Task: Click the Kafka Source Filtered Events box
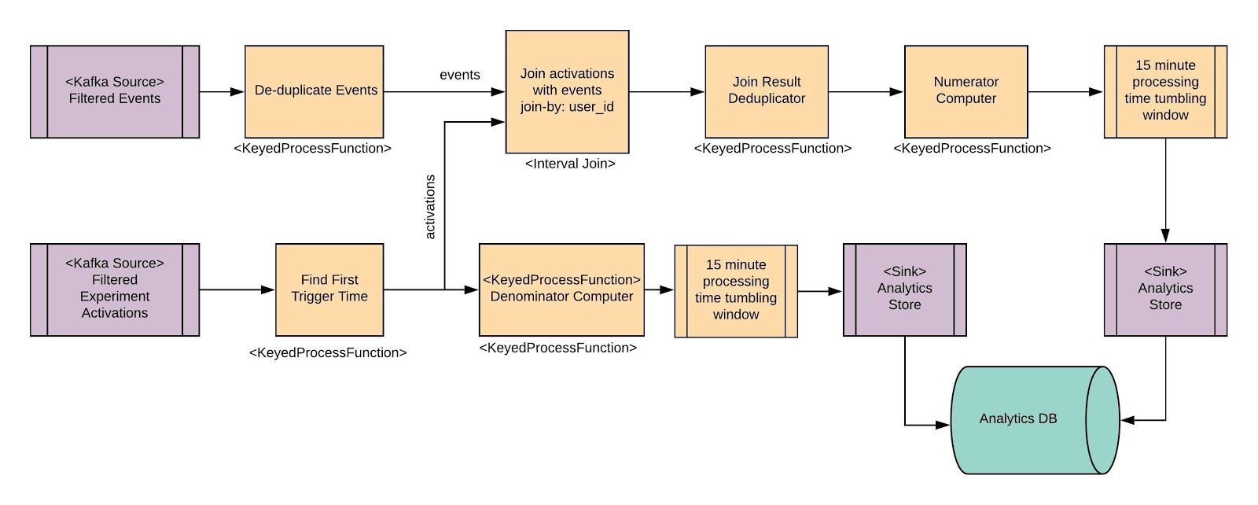tap(115, 91)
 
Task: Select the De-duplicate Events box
tap(314, 91)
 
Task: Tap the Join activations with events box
tap(567, 91)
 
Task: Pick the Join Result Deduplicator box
tap(766, 91)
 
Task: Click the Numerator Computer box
tap(966, 91)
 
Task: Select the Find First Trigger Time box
tap(329, 289)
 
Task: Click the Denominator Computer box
tap(561, 289)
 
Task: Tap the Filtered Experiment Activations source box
tap(115, 289)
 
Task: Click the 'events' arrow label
tap(460, 75)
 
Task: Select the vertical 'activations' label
tap(430, 207)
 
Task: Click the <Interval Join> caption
tap(569, 164)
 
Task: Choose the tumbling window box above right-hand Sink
tap(1165, 91)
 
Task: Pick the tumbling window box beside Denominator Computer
tap(736, 290)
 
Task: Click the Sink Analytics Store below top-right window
tap(1165, 289)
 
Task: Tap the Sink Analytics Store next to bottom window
tap(904, 289)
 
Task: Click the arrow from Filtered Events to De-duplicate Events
tap(222, 92)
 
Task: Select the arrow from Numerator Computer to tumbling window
tap(1065, 92)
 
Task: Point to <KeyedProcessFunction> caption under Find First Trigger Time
tap(328, 352)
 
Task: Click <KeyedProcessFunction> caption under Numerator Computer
tap(972, 148)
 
